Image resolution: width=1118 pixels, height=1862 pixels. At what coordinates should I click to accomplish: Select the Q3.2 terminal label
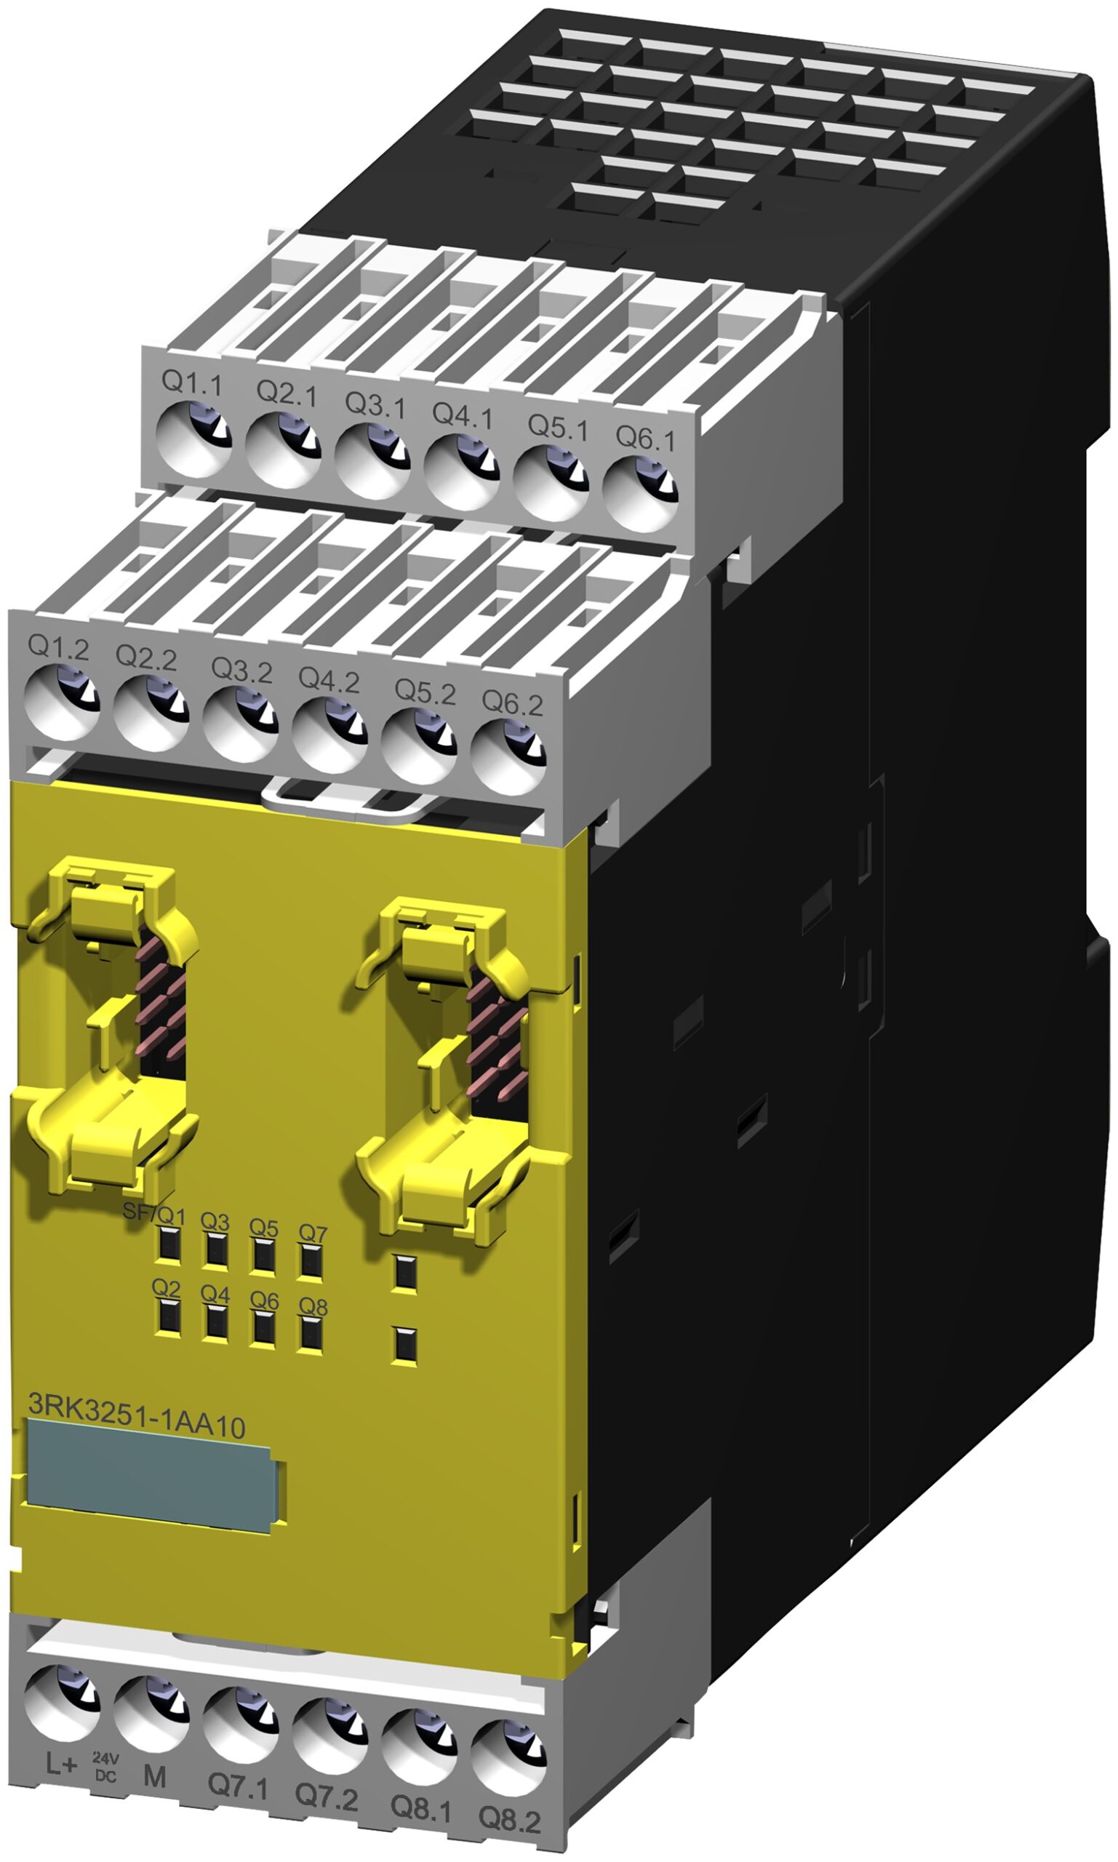(241, 670)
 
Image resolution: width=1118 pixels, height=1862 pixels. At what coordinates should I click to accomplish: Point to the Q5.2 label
(425, 692)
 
